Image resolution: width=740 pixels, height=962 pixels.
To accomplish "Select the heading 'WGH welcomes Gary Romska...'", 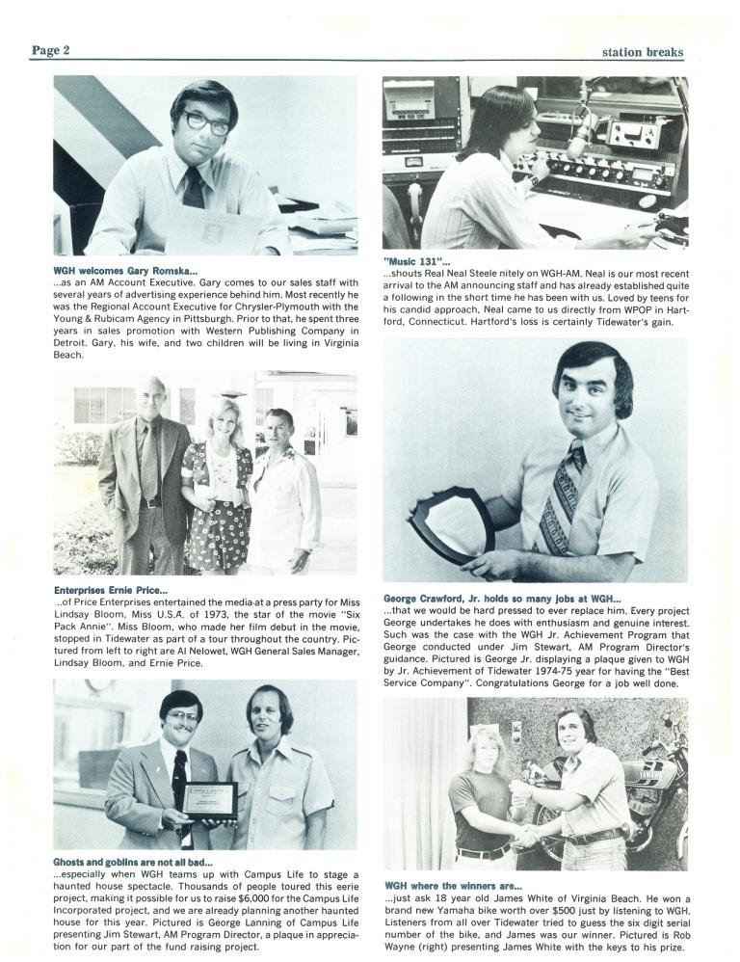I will click(126, 270).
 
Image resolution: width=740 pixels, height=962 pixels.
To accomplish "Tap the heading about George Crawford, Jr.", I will click(502, 598).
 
